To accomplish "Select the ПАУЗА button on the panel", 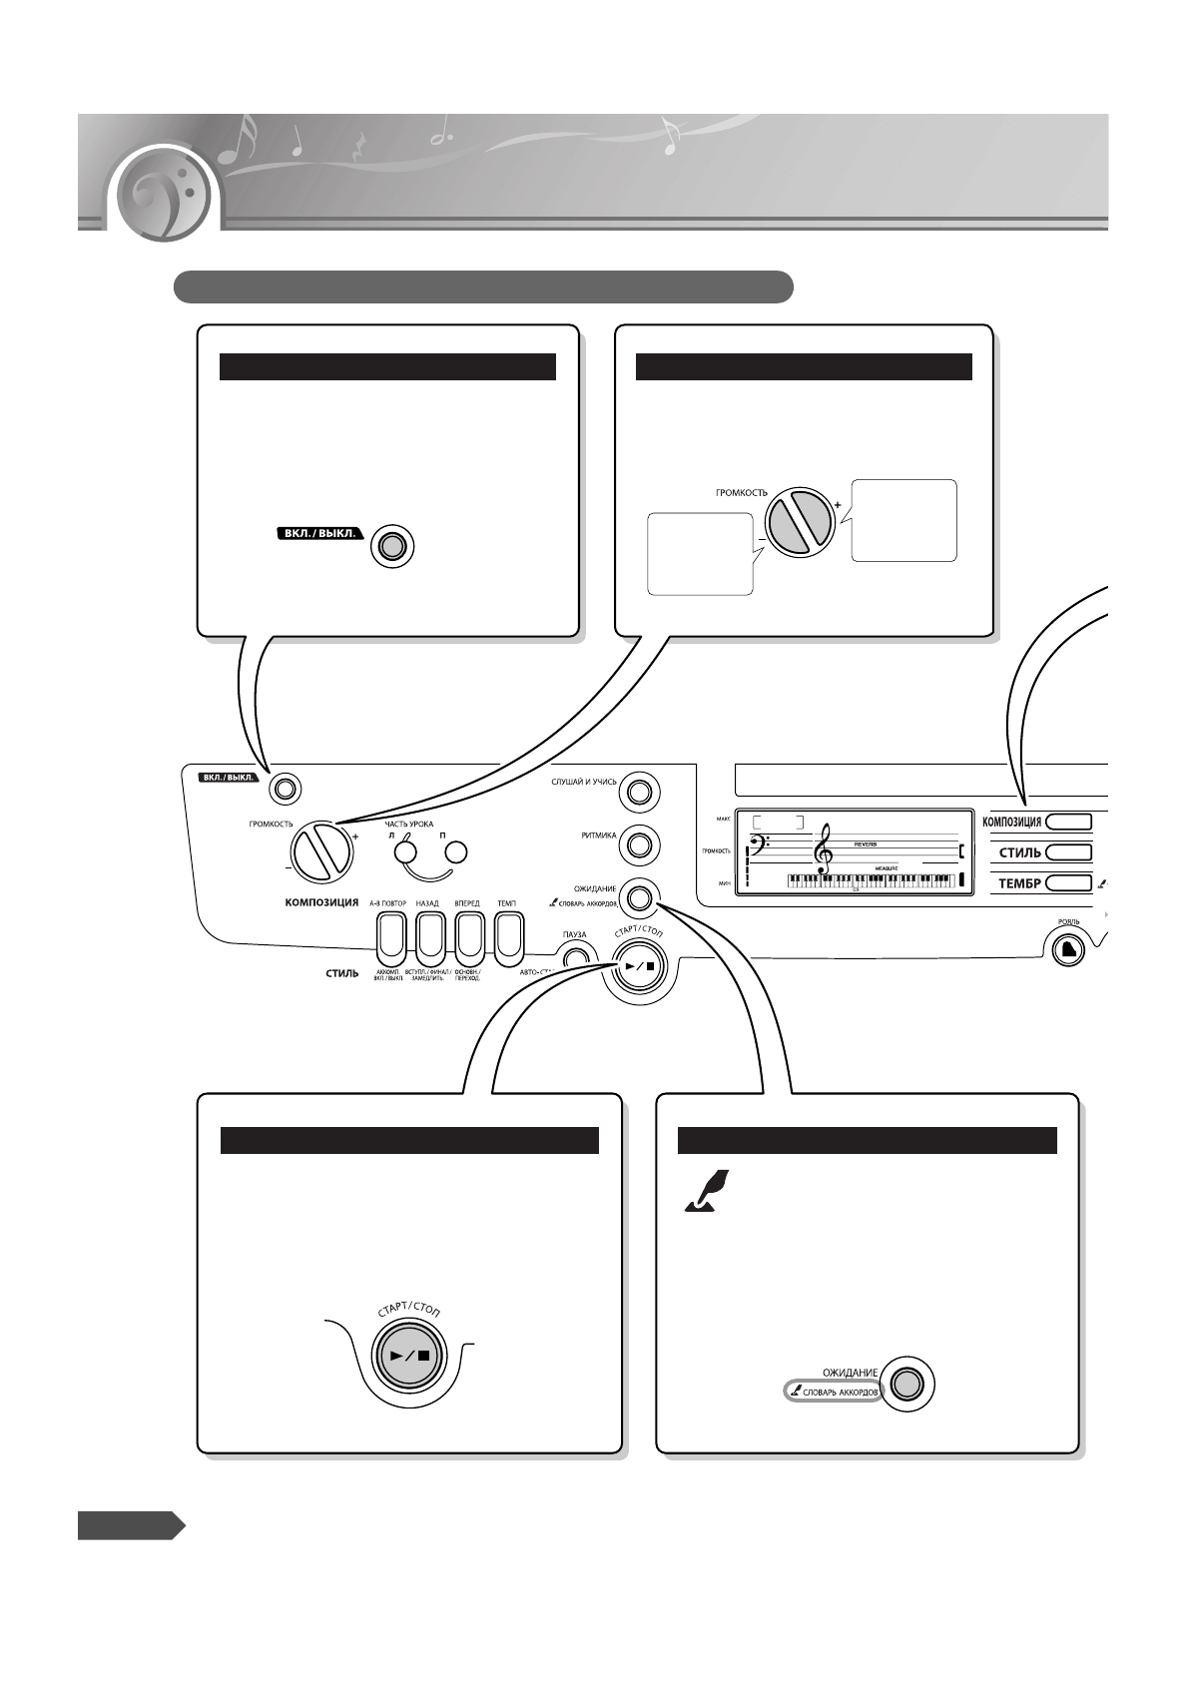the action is [576, 958].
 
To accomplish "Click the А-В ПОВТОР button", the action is [388, 936].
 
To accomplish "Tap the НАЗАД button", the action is [428, 936].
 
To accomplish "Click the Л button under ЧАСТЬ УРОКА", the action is [404, 852].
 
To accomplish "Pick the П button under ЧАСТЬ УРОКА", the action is [456, 852].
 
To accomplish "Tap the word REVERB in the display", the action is [865, 842].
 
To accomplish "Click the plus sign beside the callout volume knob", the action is [837, 505].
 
